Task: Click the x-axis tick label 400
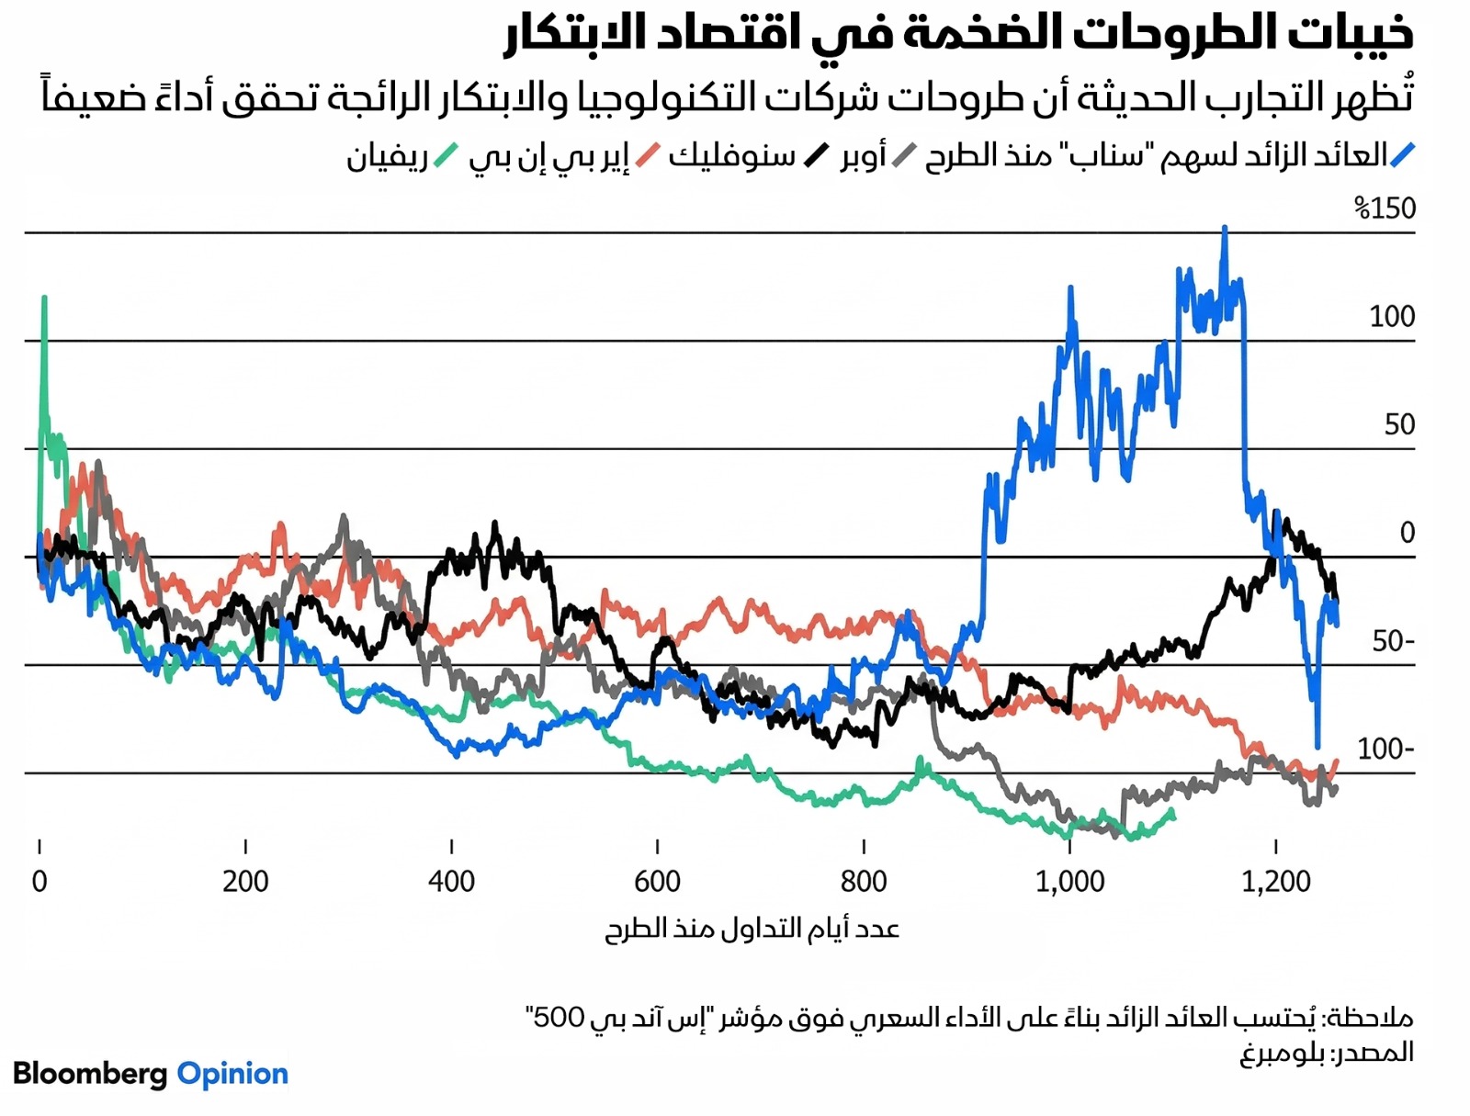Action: coord(451,882)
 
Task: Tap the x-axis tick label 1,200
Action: coord(1275,882)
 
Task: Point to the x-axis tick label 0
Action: coord(40,882)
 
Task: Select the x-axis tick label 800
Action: coord(864,882)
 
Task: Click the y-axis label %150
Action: coord(1385,209)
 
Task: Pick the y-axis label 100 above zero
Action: coord(1392,317)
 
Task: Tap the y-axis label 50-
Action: coord(1393,641)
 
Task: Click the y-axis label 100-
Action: coord(1385,750)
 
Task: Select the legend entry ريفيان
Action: coord(387,157)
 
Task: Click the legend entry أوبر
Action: coord(863,156)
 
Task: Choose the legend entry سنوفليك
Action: coord(732,156)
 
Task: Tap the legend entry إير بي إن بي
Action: coord(548,157)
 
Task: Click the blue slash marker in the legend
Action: coord(1403,155)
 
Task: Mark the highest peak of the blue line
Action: coord(1225,228)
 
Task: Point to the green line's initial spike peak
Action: coord(44,299)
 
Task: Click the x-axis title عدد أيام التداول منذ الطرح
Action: coord(752,929)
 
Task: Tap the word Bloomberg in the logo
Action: coord(90,1074)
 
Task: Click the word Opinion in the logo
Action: coord(232,1074)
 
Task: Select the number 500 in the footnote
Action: coord(559,1017)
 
